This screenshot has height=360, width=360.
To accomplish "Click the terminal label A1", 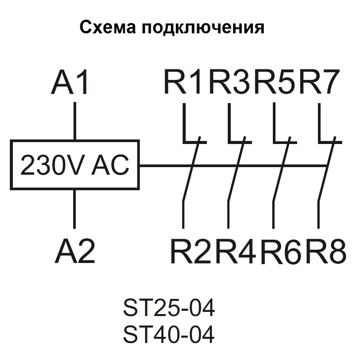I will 70,82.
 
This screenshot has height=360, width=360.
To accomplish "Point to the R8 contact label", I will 326,252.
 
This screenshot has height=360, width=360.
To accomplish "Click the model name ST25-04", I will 169,308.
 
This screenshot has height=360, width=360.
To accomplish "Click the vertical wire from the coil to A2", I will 75,208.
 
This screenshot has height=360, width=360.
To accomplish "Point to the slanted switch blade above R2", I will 191,171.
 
